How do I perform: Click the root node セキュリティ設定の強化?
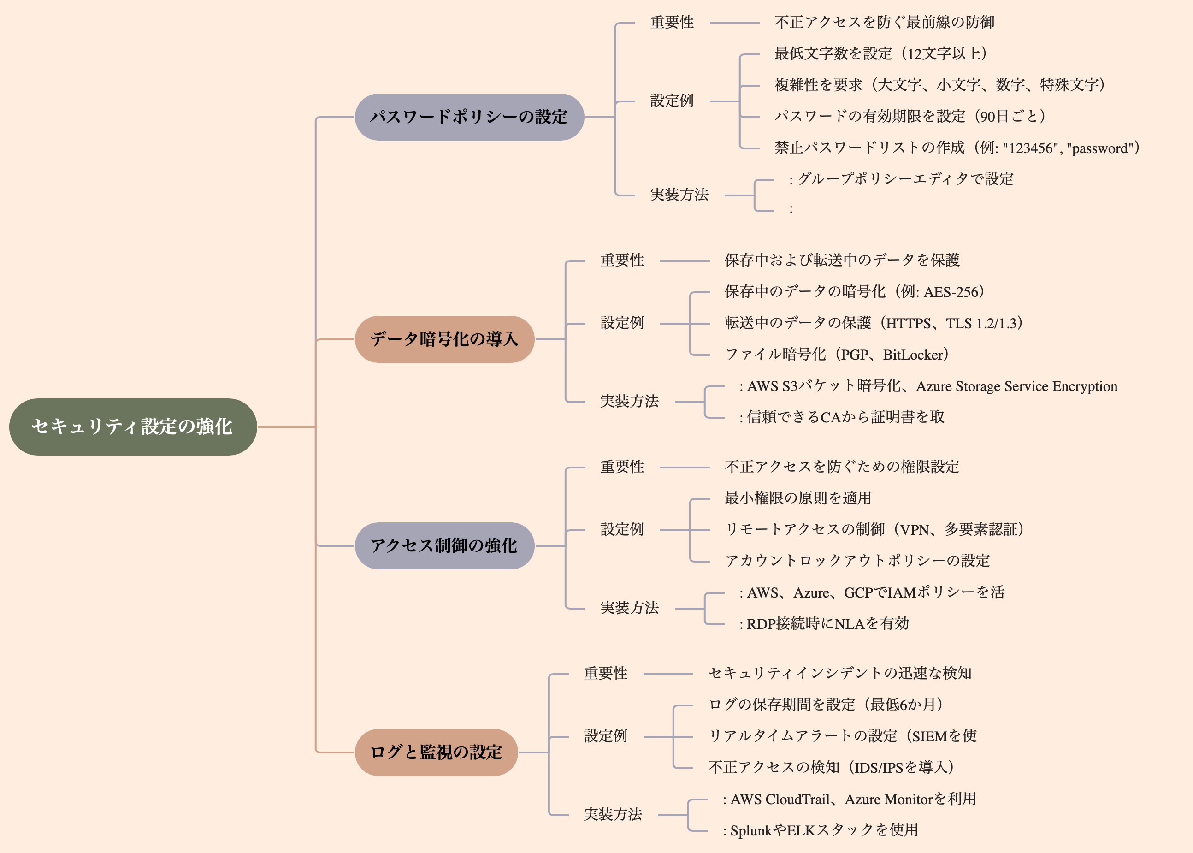[133, 426]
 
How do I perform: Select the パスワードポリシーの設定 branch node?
[469, 117]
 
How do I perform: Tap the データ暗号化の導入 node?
[444, 339]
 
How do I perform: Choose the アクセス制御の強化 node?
[444, 546]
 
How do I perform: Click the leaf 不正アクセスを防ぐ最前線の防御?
[884, 23]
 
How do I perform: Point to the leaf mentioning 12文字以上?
[880, 53]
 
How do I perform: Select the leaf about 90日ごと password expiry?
[910, 116]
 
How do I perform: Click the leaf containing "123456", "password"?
[957, 148]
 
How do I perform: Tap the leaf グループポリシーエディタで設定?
[901, 179]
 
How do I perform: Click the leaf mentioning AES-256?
[854, 291]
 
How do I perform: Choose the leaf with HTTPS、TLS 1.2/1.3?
[873, 323]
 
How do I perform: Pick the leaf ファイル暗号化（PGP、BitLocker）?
[837, 355]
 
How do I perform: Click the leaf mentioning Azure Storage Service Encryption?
[928, 386]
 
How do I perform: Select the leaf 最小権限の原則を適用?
[797, 498]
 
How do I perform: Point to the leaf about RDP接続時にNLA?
[824, 623]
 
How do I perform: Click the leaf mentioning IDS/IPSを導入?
[831, 767]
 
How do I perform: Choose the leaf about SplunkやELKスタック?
[820, 830]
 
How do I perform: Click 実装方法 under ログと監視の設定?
[613, 815]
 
